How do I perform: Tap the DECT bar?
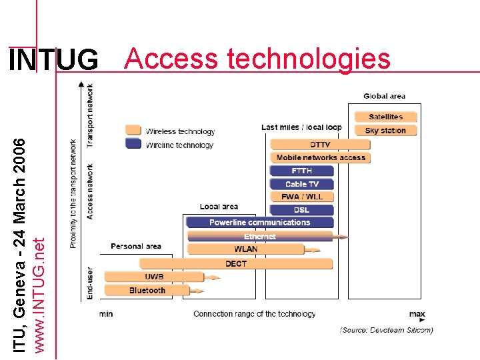point(235,263)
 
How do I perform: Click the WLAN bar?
point(245,249)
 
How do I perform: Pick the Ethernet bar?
point(260,236)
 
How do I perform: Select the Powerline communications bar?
point(259,223)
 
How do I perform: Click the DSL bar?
point(301,210)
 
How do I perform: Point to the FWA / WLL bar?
point(301,197)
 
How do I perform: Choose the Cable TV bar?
point(301,184)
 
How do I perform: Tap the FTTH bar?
point(301,171)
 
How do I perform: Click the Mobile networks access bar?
point(320,157)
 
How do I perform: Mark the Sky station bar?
point(385,131)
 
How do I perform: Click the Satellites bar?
point(385,117)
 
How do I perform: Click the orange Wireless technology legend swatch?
point(133,130)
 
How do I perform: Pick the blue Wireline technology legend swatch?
point(133,144)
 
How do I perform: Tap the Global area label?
point(384,97)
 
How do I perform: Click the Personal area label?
point(135,246)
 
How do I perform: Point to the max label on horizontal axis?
point(417,313)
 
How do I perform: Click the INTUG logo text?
point(53,61)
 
